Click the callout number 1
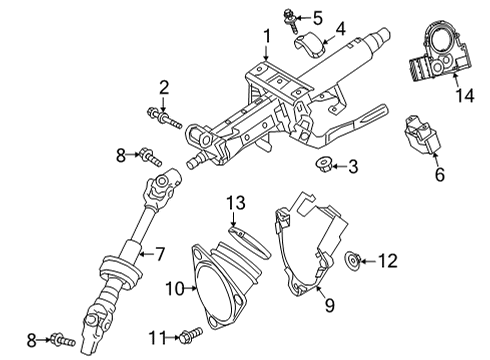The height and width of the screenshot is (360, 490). click(266, 37)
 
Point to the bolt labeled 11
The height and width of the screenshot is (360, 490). click(191, 333)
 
